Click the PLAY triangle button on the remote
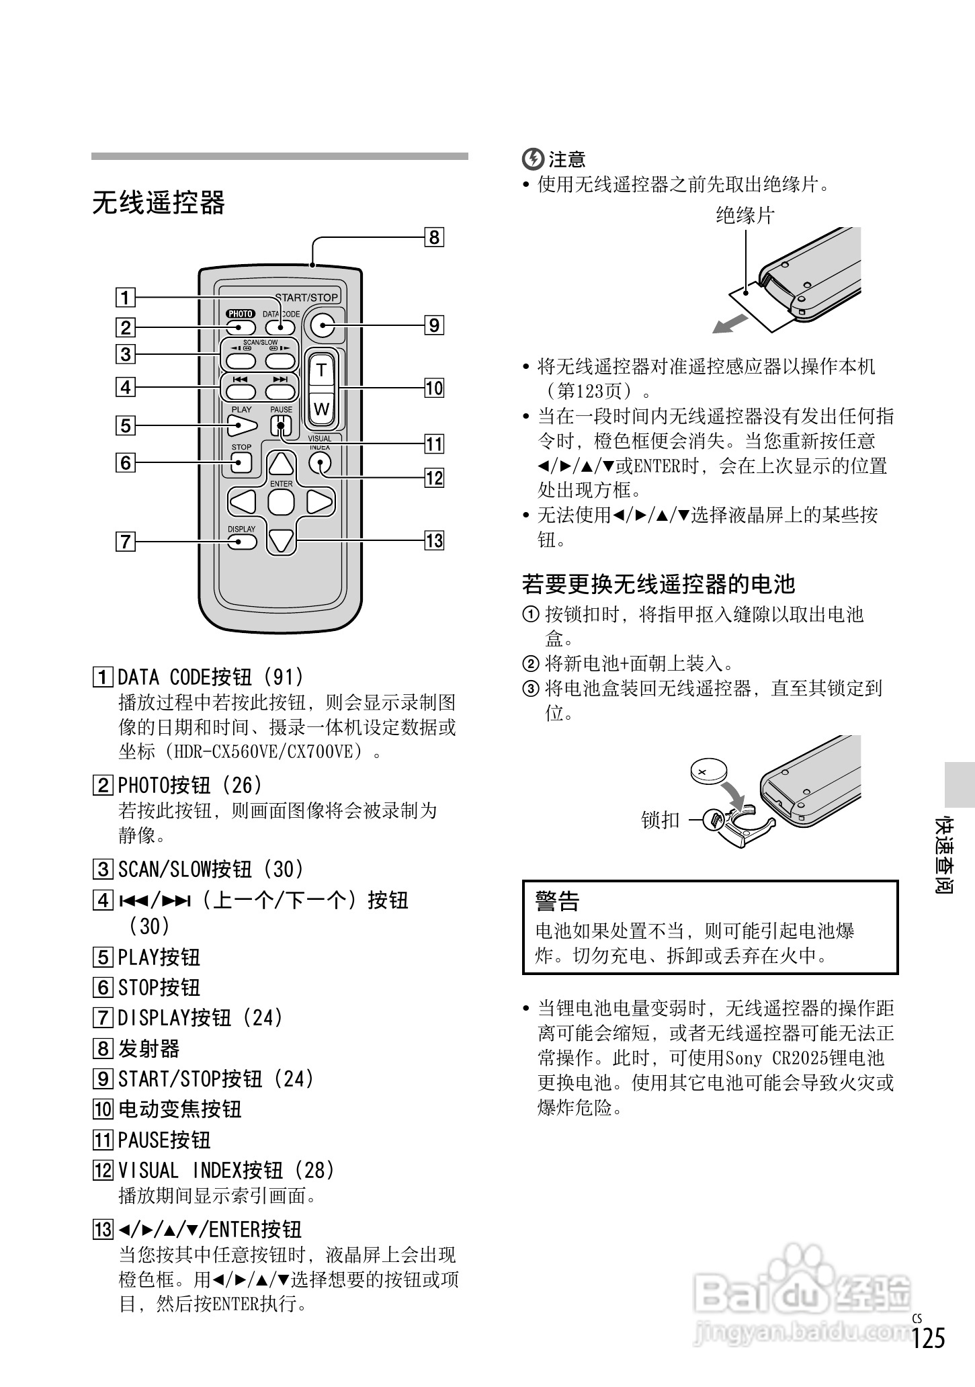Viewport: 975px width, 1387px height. pyautogui.click(x=242, y=425)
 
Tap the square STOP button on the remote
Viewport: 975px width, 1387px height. pyautogui.click(x=241, y=462)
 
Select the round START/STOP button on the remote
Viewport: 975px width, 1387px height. pyautogui.click(x=323, y=326)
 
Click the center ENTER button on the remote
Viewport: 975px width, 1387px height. pyautogui.click(x=281, y=501)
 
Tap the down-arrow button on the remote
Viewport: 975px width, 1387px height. pyautogui.click(x=281, y=540)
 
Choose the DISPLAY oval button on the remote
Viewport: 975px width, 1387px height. pyautogui.click(x=241, y=541)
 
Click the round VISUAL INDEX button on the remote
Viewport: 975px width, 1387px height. pyautogui.click(x=320, y=463)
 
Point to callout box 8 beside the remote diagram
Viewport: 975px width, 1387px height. pyautogui.click(x=434, y=237)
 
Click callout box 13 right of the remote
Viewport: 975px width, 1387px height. pyautogui.click(x=434, y=540)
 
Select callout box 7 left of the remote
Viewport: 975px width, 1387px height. pyautogui.click(x=126, y=541)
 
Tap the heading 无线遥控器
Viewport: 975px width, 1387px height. pyautogui.click(x=159, y=202)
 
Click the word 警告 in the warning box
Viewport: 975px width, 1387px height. pyautogui.click(x=557, y=901)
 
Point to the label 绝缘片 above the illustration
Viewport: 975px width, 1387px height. pyautogui.click(x=745, y=216)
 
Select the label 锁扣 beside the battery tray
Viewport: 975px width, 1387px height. pyautogui.click(x=661, y=820)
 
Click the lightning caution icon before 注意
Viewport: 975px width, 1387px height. pyautogui.click(x=532, y=159)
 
